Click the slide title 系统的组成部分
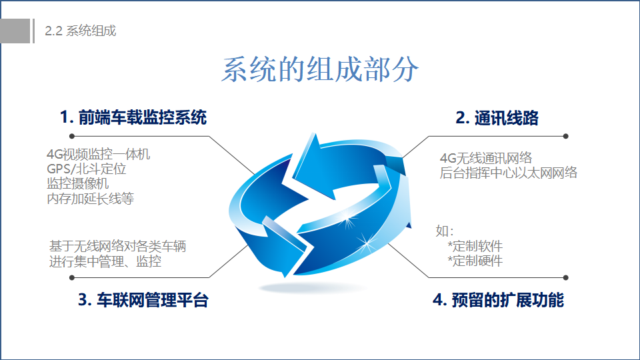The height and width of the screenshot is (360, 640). click(320, 69)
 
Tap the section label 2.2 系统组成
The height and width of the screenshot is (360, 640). click(81, 31)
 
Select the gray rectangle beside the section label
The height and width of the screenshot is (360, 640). click(15, 31)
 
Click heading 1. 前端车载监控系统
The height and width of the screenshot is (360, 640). click(133, 117)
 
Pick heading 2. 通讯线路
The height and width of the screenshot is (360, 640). click(497, 118)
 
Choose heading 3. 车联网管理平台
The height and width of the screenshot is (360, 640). click(143, 300)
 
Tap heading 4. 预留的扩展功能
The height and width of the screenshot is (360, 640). click(499, 300)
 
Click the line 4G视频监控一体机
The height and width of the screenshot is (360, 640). click(99, 154)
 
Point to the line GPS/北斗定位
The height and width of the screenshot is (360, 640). click(87, 169)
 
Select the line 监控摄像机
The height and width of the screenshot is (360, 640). click(77, 184)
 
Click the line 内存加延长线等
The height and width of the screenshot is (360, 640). click(90, 199)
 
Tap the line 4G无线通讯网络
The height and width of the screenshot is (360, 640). click(486, 158)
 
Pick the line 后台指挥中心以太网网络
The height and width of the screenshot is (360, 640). click(509, 173)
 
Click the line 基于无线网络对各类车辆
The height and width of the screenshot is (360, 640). click(117, 247)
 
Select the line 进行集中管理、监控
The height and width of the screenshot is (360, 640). click(105, 261)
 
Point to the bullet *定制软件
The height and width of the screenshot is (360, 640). click(475, 247)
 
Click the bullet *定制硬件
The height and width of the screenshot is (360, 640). click(475, 261)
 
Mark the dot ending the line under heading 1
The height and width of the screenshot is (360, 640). click(72, 136)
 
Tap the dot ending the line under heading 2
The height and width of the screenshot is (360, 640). click(566, 136)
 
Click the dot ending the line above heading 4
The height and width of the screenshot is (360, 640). click(566, 277)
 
